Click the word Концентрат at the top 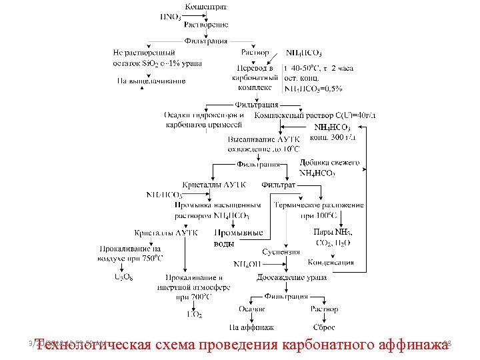(x=205, y=7)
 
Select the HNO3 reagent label (x=170, y=17)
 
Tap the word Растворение (x=206, y=25)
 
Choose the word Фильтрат (x=278, y=184)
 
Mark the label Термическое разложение (x=319, y=205)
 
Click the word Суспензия (x=276, y=252)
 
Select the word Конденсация (x=331, y=262)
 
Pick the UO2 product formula (x=195, y=314)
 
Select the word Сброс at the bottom (x=324, y=327)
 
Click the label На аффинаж (x=251, y=327)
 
